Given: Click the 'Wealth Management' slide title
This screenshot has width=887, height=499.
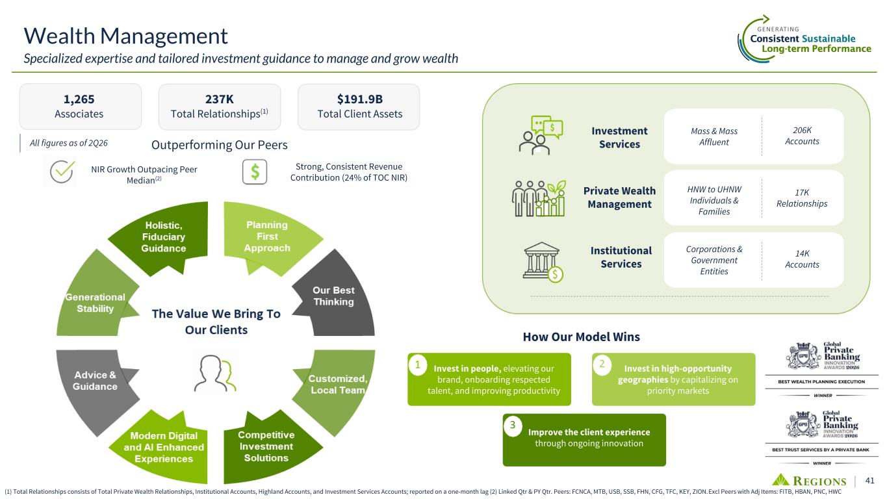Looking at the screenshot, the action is (x=125, y=36).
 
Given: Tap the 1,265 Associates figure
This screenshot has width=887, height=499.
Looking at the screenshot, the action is (x=79, y=99).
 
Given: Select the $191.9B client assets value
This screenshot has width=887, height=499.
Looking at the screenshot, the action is (x=359, y=99).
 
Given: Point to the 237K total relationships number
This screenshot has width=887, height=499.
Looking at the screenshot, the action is (x=220, y=99).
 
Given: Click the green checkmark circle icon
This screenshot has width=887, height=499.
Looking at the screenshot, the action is (x=62, y=172).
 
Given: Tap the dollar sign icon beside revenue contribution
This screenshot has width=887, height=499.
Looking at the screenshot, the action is (x=255, y=172).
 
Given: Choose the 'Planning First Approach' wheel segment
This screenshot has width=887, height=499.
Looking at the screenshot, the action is (x=269, y=238).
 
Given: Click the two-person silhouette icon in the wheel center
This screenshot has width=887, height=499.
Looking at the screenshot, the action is (x=215, y=373).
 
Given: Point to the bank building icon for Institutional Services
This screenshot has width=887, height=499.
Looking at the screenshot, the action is (x=543, y=262).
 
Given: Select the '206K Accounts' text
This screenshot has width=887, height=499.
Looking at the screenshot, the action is (x=802, y=136).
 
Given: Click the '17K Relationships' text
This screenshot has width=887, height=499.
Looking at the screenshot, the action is (x=802, y=198).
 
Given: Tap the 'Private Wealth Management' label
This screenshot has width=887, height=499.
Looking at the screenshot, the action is (x=619, y=198).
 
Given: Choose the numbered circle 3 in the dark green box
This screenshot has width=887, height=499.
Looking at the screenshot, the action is (x=513, y=426).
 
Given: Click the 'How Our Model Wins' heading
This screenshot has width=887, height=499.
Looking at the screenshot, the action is (x=582, y=337).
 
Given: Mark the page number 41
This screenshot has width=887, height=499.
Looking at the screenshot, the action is (x=869, y=480).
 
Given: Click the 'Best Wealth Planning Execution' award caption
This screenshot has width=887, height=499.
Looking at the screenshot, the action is (x=821, y=382).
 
